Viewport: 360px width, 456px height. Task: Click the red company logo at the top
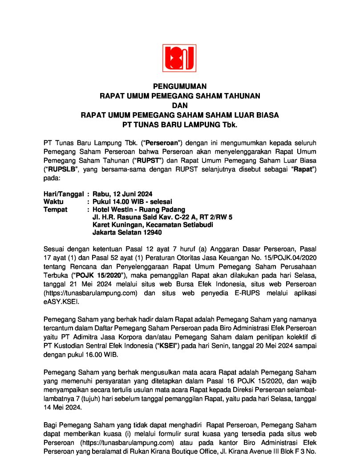tap(180, 58)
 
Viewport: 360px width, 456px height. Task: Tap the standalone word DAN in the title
tap(180, 106)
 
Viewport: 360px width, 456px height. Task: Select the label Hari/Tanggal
tap(64, 194)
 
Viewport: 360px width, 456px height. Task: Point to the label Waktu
tap(53, 202)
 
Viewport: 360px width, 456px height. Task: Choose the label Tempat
tap(55, 209)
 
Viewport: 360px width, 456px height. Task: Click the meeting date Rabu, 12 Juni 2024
tap(122, 194)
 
